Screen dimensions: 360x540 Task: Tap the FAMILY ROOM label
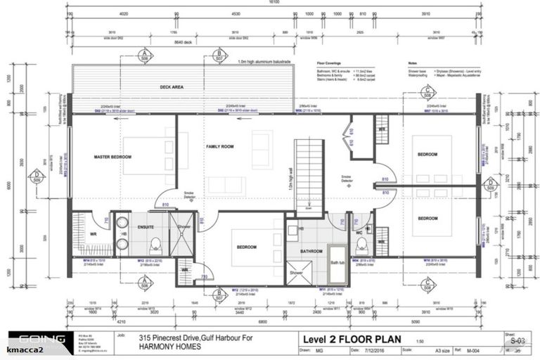pyautogui.click(x=219, y=146)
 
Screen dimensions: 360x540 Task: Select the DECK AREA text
pyautogui.click(x=172, y=87)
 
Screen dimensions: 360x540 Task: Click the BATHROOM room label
pyautogui.click(x=311, y=251)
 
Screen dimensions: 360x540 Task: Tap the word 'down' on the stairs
pyautogui.click(x=309, y=209)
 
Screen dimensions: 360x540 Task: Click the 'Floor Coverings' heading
pyautogui.click(x=328, y=63)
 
